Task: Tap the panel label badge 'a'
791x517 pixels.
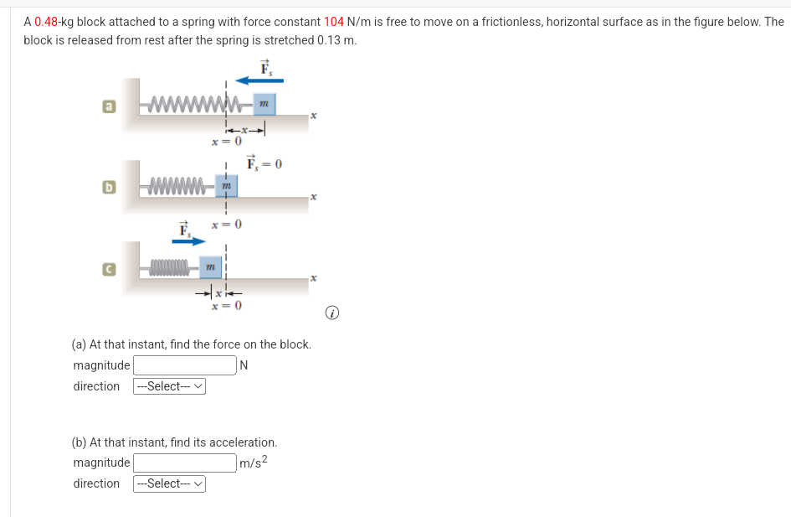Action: point(108,106)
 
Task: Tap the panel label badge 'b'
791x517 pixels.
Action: point(108,186)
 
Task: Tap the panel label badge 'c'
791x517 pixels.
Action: point(108,268)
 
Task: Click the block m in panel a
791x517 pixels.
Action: point(263,104)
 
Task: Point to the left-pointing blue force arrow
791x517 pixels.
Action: point(259,80)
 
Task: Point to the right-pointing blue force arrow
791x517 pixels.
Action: point(188,241)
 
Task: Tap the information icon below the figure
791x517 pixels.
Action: point(333,313)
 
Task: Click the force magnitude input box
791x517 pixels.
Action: point(184,365)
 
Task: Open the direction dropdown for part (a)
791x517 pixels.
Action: point(169,386)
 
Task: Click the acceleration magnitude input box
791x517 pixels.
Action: point(184,463)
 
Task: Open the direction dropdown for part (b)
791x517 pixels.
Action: point(169,483)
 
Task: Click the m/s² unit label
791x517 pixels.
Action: point(253,463)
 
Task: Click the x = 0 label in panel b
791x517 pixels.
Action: point(226,225)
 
